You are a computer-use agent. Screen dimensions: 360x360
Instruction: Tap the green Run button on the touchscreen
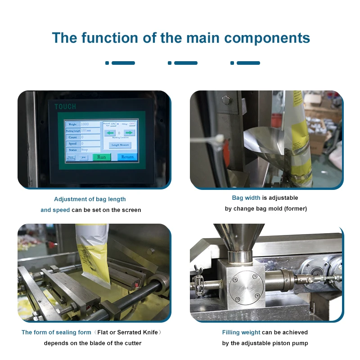coord(102,157)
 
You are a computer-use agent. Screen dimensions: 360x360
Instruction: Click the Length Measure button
coord(120,145)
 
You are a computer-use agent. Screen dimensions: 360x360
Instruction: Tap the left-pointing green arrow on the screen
coord(110,133)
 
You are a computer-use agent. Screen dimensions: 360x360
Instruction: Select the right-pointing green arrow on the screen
coord(129,133)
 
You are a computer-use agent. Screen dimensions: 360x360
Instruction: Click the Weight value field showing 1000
coord(90,124)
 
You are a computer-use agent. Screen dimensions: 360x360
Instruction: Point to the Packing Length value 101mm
coord(90,130)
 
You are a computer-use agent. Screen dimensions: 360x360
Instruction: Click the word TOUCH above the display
coord(65,107)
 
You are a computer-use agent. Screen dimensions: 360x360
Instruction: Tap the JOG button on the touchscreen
coord(83,157)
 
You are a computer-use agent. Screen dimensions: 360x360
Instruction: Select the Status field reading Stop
coord(90,149)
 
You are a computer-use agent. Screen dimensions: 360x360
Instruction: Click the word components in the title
coord(267,38)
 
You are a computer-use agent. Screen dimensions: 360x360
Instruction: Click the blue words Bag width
coord(246,198)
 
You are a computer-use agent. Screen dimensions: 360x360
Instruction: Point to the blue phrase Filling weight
coord(241,332)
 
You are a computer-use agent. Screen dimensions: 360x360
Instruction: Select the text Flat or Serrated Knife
coord(127,332)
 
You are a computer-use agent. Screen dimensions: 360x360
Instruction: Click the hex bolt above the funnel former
coord(226,100)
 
